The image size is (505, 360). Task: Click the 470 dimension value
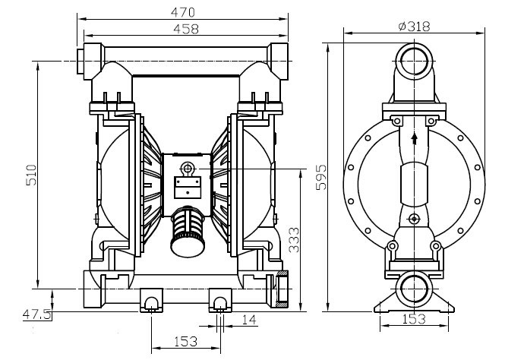coord(182,12)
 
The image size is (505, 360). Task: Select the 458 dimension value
coord(186,29)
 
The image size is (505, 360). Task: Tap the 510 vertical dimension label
coord(31,175)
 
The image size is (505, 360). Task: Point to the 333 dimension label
coord(293,240)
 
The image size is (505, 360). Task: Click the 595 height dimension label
coord(320,178)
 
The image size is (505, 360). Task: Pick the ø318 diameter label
coord(414,26)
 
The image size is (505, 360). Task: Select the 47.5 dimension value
coord(36,314)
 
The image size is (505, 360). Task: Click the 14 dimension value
coord(249,320)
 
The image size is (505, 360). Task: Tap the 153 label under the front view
coord(185,341)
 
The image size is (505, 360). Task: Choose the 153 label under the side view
coord(414,319)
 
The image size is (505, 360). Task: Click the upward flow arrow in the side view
coord(415,139)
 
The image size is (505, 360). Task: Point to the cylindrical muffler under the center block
coord(188,231)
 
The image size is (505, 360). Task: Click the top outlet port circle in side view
coord(414,61)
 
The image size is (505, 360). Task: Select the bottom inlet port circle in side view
coord(414,289)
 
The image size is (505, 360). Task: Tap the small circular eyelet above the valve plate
coord(187,168)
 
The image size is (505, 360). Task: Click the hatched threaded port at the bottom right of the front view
coord(282,289)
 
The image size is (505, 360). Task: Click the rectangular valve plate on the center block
coord(188,188)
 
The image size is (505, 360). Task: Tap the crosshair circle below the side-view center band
coord(414,219)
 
